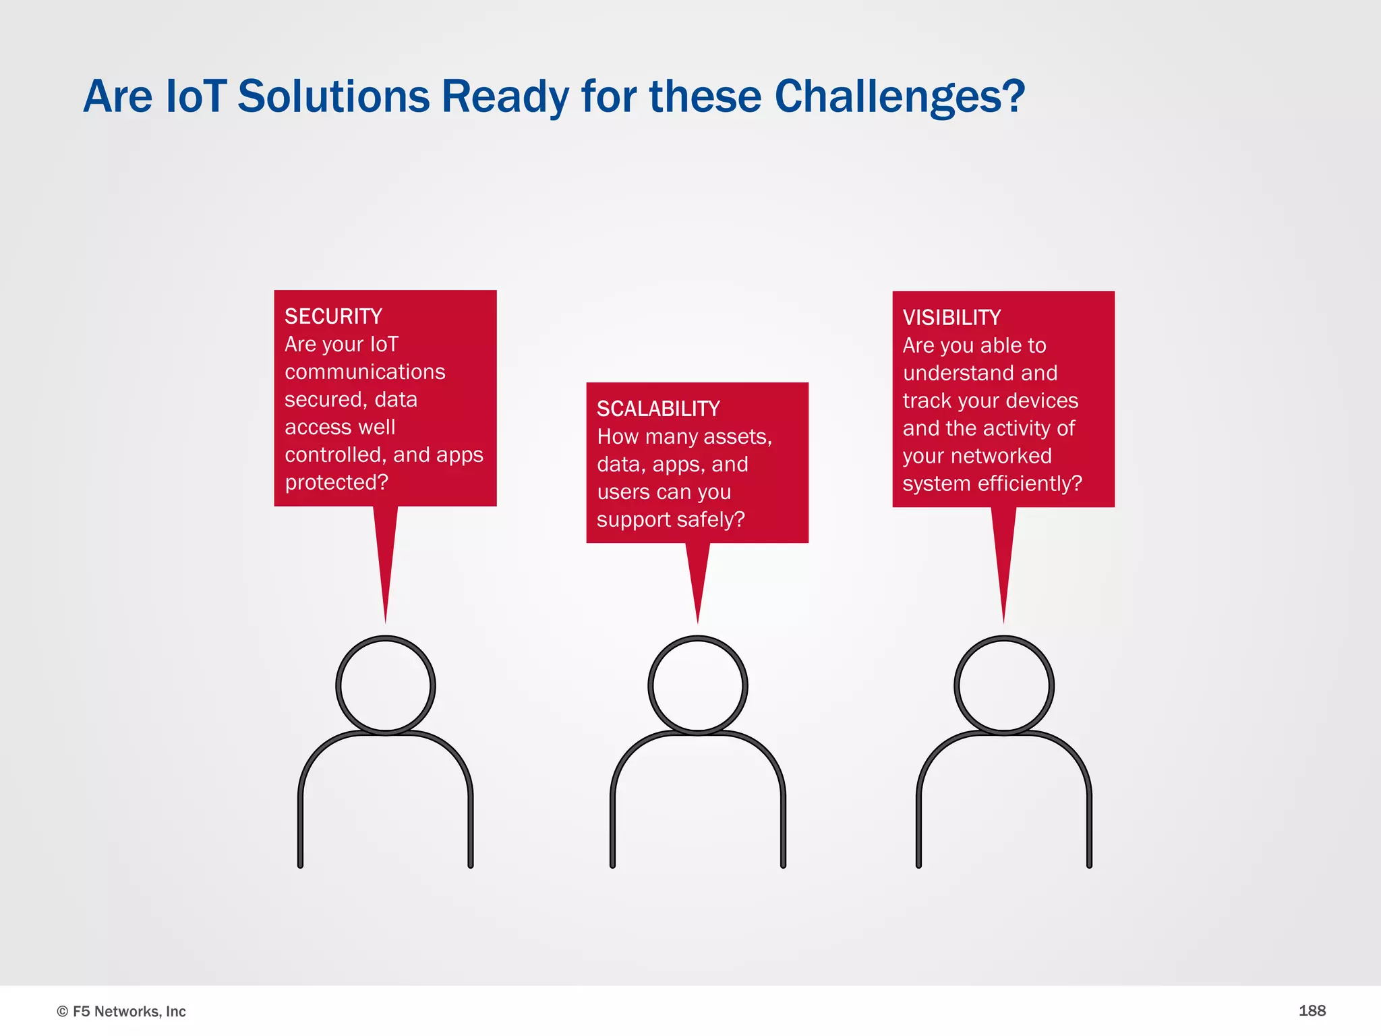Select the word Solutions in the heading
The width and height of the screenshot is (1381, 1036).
coord(334,96)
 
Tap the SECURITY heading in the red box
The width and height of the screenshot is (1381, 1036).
coord(333,316)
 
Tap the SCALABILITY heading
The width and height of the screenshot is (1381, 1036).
coord(658,409)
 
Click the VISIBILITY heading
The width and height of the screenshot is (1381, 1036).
coord(951,318)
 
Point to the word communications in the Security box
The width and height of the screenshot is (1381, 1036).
coord(365,372)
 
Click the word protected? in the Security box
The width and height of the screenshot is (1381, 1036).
coord(336,482)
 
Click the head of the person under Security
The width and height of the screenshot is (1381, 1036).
coord(386,685)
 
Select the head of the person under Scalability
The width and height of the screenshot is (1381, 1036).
coord(698,685)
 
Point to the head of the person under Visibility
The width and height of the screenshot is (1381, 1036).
coord(1004,685)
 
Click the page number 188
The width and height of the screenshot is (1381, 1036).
coord(1312,1010)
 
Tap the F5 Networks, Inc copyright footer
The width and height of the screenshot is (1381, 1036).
coord(121,1011)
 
